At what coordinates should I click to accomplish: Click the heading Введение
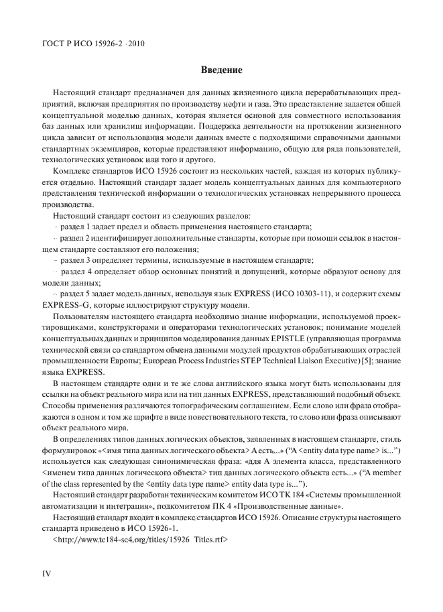[x=221, y=70]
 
